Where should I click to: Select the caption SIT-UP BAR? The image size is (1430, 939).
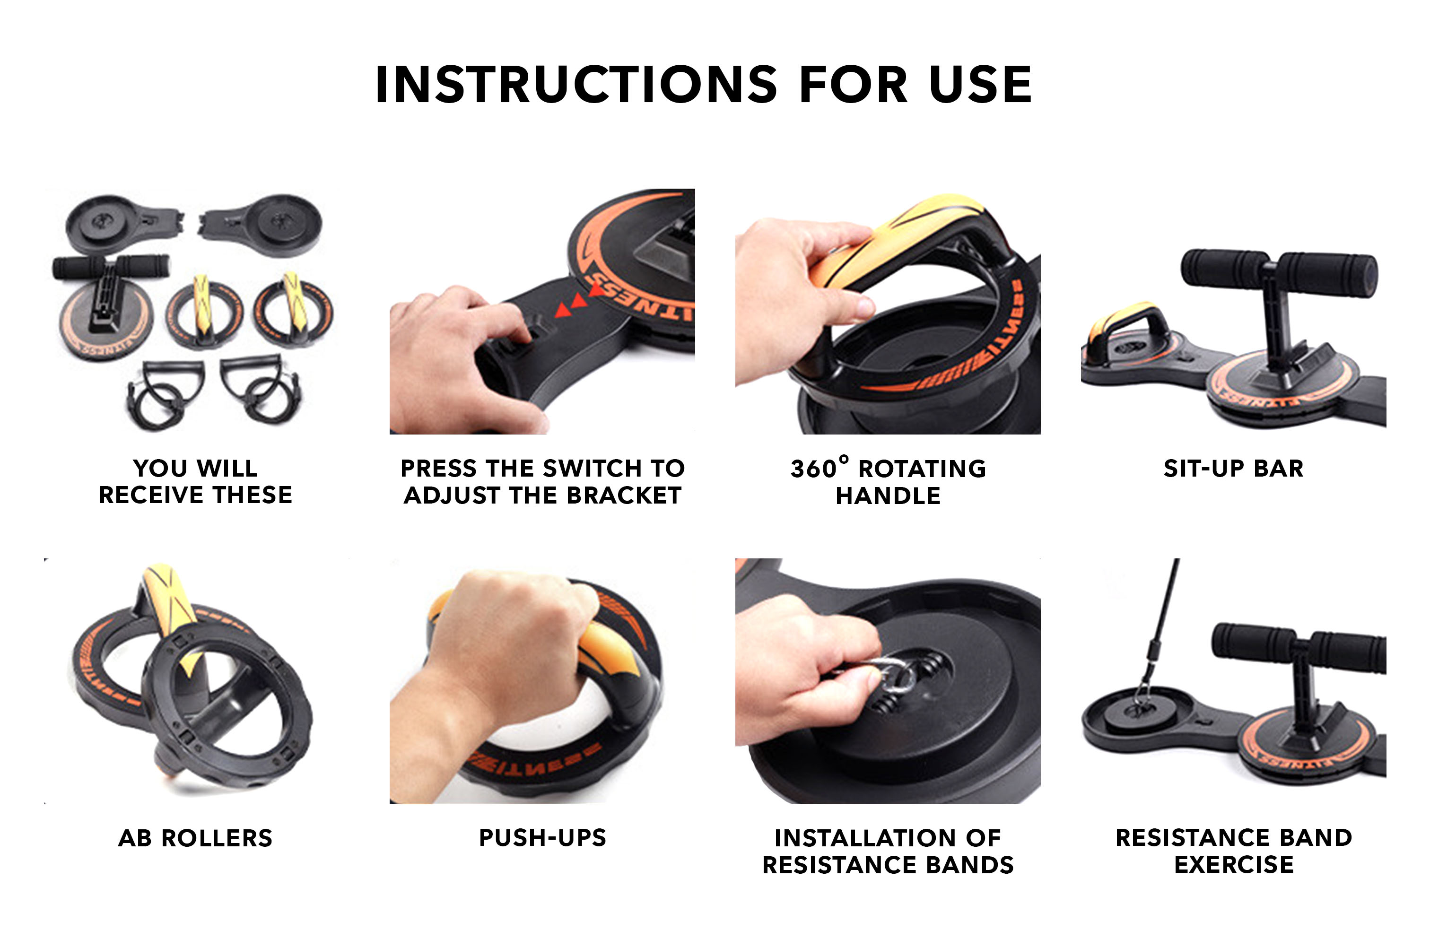tap(1234, 469)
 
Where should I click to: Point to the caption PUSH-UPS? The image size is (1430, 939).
tap(542, 837)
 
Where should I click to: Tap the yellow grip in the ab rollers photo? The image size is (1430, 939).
tap(171, 607)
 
